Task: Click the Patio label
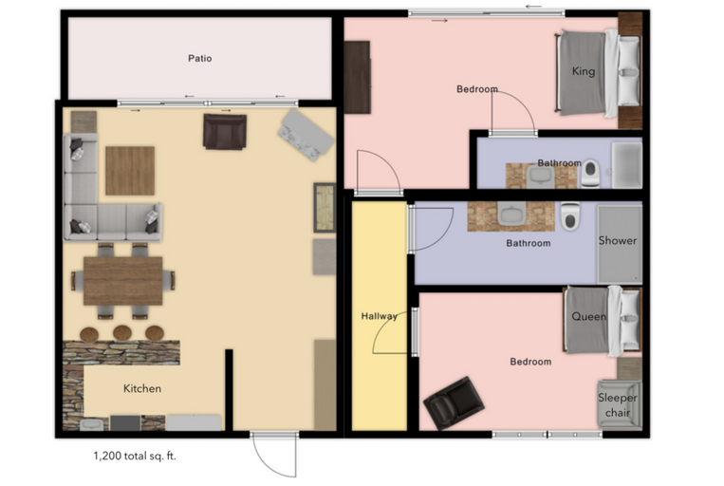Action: [x=199, y=58]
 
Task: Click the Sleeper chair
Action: [x=618, y=404]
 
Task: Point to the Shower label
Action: [x=617, y=240]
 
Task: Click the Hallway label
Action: [x=379, y=316]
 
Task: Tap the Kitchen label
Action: [x=142, y=388]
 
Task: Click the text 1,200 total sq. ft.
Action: [x=135, y=456]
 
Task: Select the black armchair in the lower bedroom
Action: [x=452, y=402]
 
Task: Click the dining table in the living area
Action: [x=122, y=281]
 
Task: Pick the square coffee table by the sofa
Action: [x=129, y=171]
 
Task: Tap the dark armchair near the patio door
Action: [x=225, y=131]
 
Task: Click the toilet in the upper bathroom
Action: [x=591, y=172]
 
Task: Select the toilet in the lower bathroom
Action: [x=569, y=218]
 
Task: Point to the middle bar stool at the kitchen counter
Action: [x=122, y=333]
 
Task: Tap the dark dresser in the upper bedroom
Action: [x=357, y=78]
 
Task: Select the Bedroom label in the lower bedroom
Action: [x=529, y=362]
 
